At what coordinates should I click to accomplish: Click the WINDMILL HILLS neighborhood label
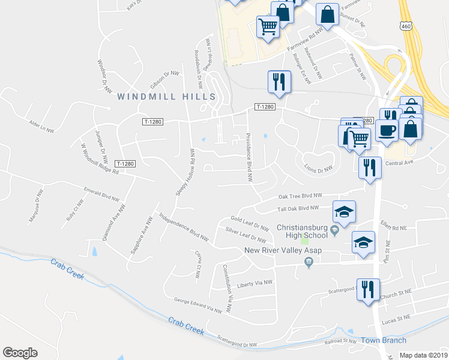166,97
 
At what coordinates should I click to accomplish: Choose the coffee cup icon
387,130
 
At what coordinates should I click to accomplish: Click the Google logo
20,353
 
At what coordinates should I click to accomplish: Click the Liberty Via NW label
255,283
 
